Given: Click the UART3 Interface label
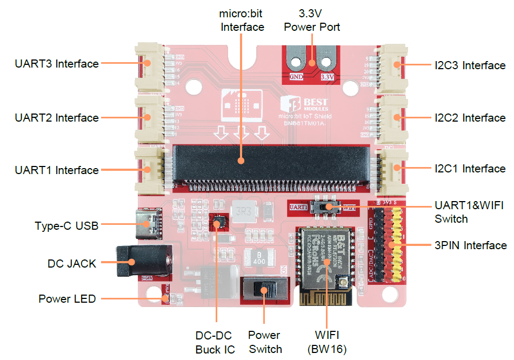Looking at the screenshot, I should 57,64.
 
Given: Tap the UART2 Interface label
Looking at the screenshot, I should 57,118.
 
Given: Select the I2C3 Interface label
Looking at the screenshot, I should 470,65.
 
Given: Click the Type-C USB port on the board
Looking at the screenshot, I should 149,223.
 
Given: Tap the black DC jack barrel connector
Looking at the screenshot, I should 141,263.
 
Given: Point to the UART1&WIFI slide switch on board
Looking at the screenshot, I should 326,207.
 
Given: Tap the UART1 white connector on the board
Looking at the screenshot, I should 149,170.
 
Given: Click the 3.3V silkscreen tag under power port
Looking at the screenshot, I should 328,77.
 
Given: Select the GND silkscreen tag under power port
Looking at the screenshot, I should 296,77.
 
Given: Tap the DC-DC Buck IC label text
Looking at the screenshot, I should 215,343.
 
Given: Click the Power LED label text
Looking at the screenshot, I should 67,299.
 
